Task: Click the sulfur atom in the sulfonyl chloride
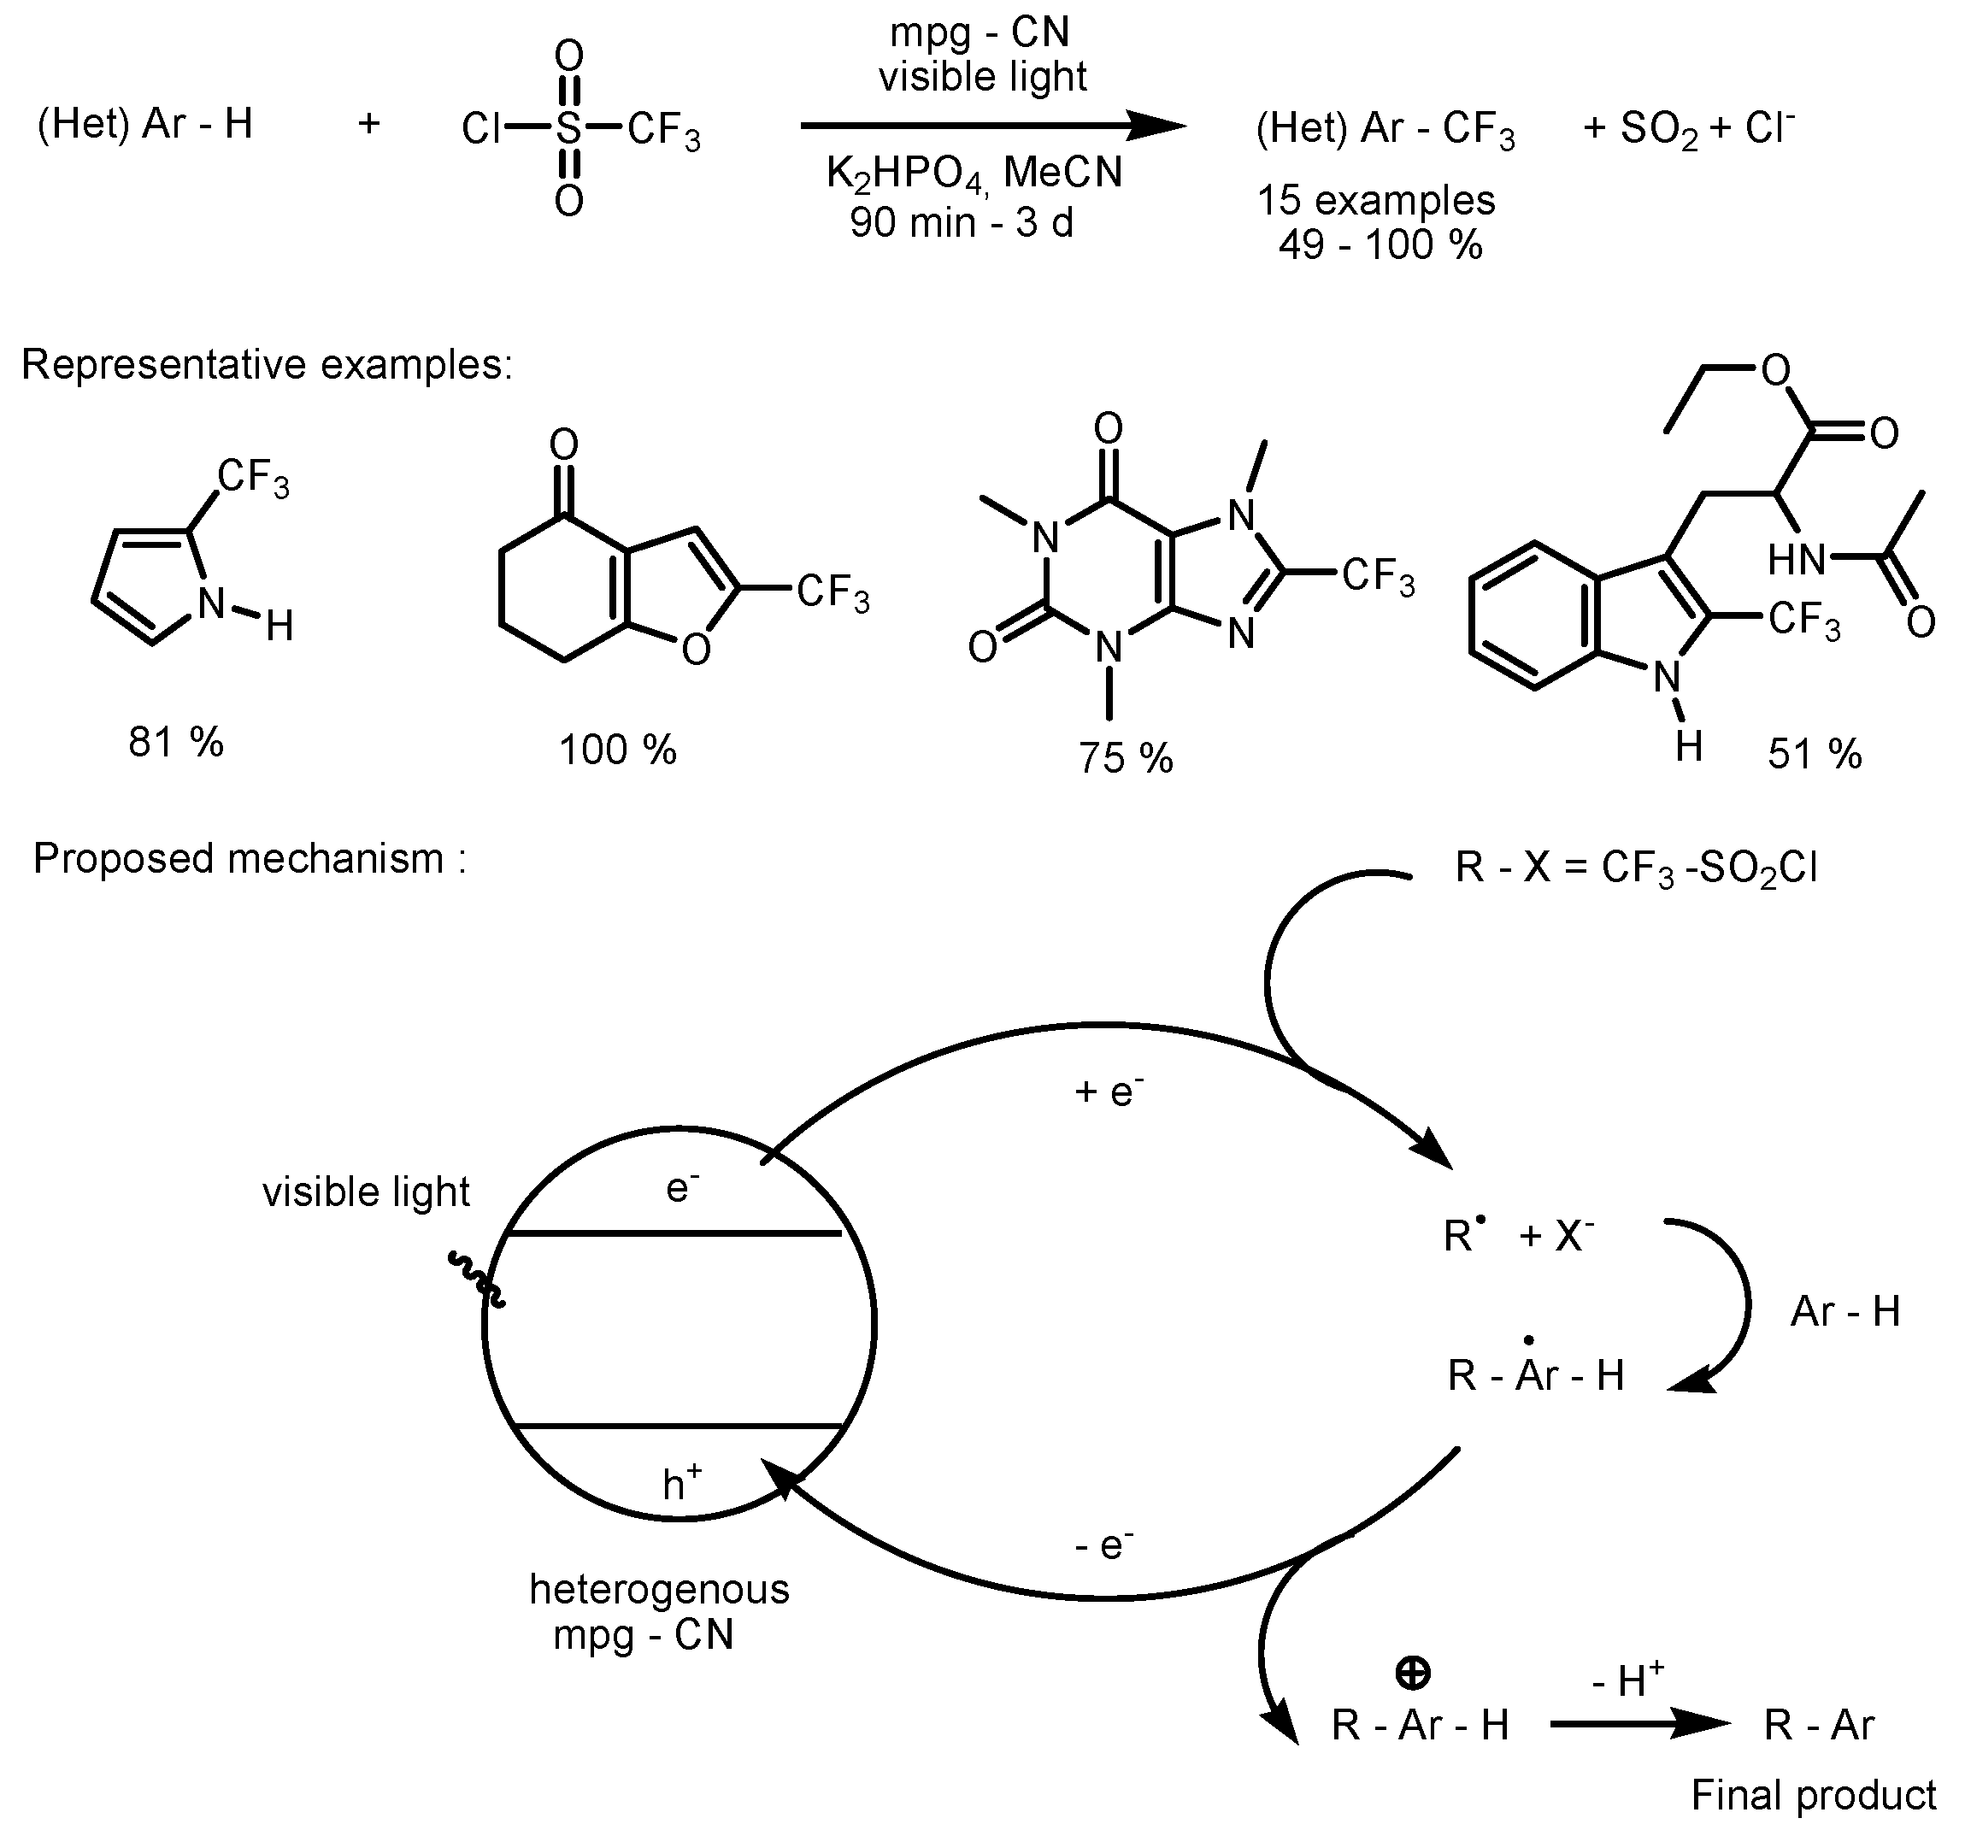point(568,127)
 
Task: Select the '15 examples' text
point(1376,201)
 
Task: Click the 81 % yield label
point(176,742)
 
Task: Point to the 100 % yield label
point(618,750)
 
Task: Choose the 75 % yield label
point(1125,758)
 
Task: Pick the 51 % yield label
point(1814,755)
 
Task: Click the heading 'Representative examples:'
point(267,365)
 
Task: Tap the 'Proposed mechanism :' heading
point(249,858)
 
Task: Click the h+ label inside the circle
point(682,1483)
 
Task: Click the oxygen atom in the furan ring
point(696,650)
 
